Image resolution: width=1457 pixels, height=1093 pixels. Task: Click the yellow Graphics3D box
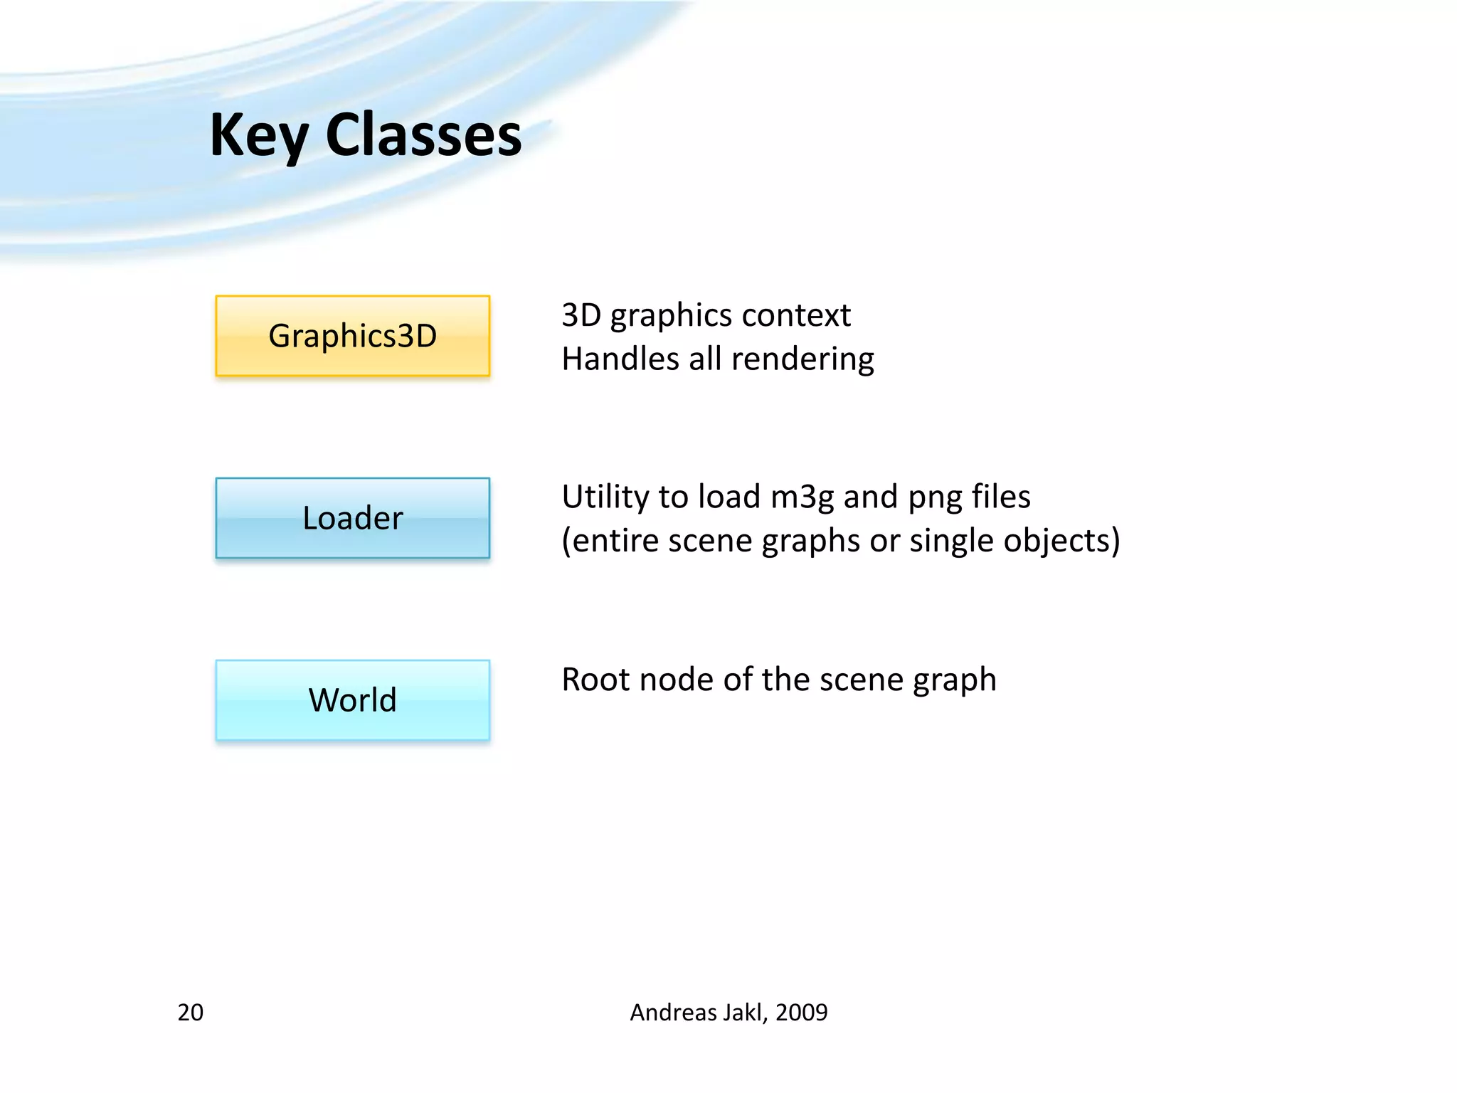[x=352, y=336]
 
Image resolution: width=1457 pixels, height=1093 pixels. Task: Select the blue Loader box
[x=352, y=518]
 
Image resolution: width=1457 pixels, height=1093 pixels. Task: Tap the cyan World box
[x=352, y=700]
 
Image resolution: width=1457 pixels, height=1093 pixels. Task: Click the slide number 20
[x=190, y=1012]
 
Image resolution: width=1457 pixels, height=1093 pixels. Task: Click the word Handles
[x=620, y=359]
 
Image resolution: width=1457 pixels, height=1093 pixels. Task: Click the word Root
[x=595, y=680]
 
